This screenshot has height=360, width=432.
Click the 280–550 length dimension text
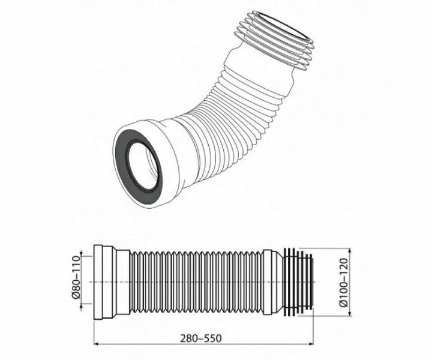pos(201,338)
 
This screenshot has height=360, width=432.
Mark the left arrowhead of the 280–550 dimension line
pos(97,344)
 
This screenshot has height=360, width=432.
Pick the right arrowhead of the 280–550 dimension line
pos(311,344)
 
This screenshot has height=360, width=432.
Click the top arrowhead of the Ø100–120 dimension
pos(350,251)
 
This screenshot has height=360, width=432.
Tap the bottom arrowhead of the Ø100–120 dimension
pos(350,314)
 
